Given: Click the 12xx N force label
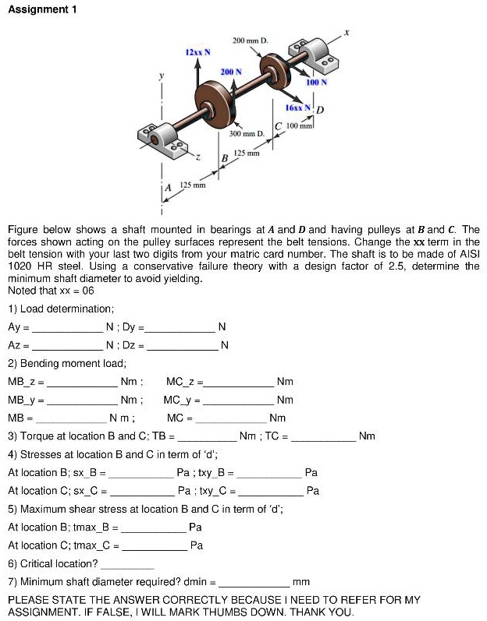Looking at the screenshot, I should (196, 51).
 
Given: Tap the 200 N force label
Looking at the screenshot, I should (230, 71).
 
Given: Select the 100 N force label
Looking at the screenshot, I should (316, 81).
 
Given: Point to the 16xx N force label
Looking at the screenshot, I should (296, 107).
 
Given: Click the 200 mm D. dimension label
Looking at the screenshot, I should (250, 39).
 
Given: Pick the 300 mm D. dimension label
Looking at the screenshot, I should (247, 134).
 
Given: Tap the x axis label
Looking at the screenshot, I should (349, 34).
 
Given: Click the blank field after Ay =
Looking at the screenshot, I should (68, 327).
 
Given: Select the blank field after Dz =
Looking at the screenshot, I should (183, 345).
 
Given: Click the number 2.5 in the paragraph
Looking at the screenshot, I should (384, 266).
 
